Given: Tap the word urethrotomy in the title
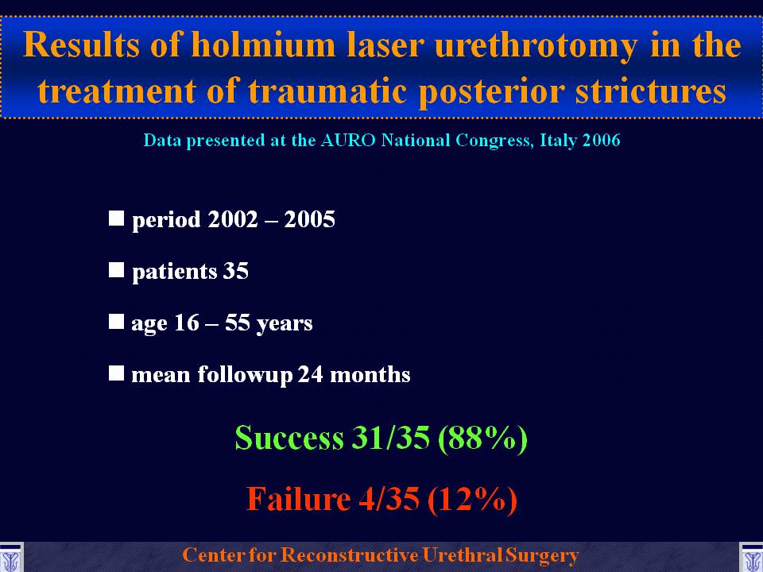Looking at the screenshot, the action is coord(536,46).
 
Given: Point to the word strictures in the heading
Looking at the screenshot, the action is coord(651,91).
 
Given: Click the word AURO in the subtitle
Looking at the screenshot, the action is coord(348,140).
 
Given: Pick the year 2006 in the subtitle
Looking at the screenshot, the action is coord(602,140).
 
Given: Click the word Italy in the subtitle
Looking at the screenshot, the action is coord(559,141).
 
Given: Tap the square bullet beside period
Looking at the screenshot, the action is coord(116,218).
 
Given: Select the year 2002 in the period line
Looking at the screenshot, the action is coord(233,219).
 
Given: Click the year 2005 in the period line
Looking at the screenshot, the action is coord(309,219).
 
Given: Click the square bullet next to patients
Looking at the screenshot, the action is coord(116,269).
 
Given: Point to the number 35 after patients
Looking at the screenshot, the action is coord(235,270).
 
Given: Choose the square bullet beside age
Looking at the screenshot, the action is coord(116,321).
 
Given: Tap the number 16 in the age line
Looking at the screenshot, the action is coord(186,323).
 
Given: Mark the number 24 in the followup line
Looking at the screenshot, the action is coord(311,374).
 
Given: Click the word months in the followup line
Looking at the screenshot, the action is coord(370,374).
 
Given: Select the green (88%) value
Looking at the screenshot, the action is coord(482,438).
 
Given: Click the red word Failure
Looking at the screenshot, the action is coord(298,499).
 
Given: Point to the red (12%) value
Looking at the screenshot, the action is coord(472,499).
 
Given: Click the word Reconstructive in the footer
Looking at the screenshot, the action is coord(350,555).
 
